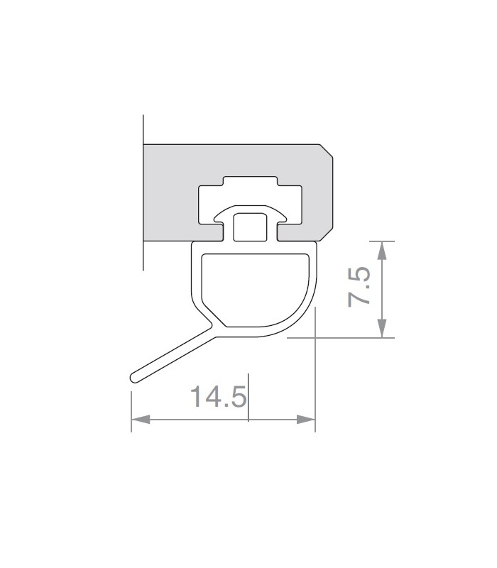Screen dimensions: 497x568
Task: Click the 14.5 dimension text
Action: pos(219,396)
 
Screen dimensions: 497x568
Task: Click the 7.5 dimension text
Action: pos(359,287)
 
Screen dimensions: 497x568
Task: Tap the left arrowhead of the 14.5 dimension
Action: pos(141,420)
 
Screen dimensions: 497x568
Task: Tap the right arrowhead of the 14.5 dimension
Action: pos(306,420)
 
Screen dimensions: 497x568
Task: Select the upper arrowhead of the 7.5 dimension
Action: pos(382,251)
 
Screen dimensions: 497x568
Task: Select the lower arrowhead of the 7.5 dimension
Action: pos(382,328)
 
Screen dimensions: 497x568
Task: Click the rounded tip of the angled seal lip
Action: pos(133,378)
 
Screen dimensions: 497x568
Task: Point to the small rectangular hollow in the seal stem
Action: pos(251,227)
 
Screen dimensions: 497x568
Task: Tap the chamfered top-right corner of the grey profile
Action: pos(327,151)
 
